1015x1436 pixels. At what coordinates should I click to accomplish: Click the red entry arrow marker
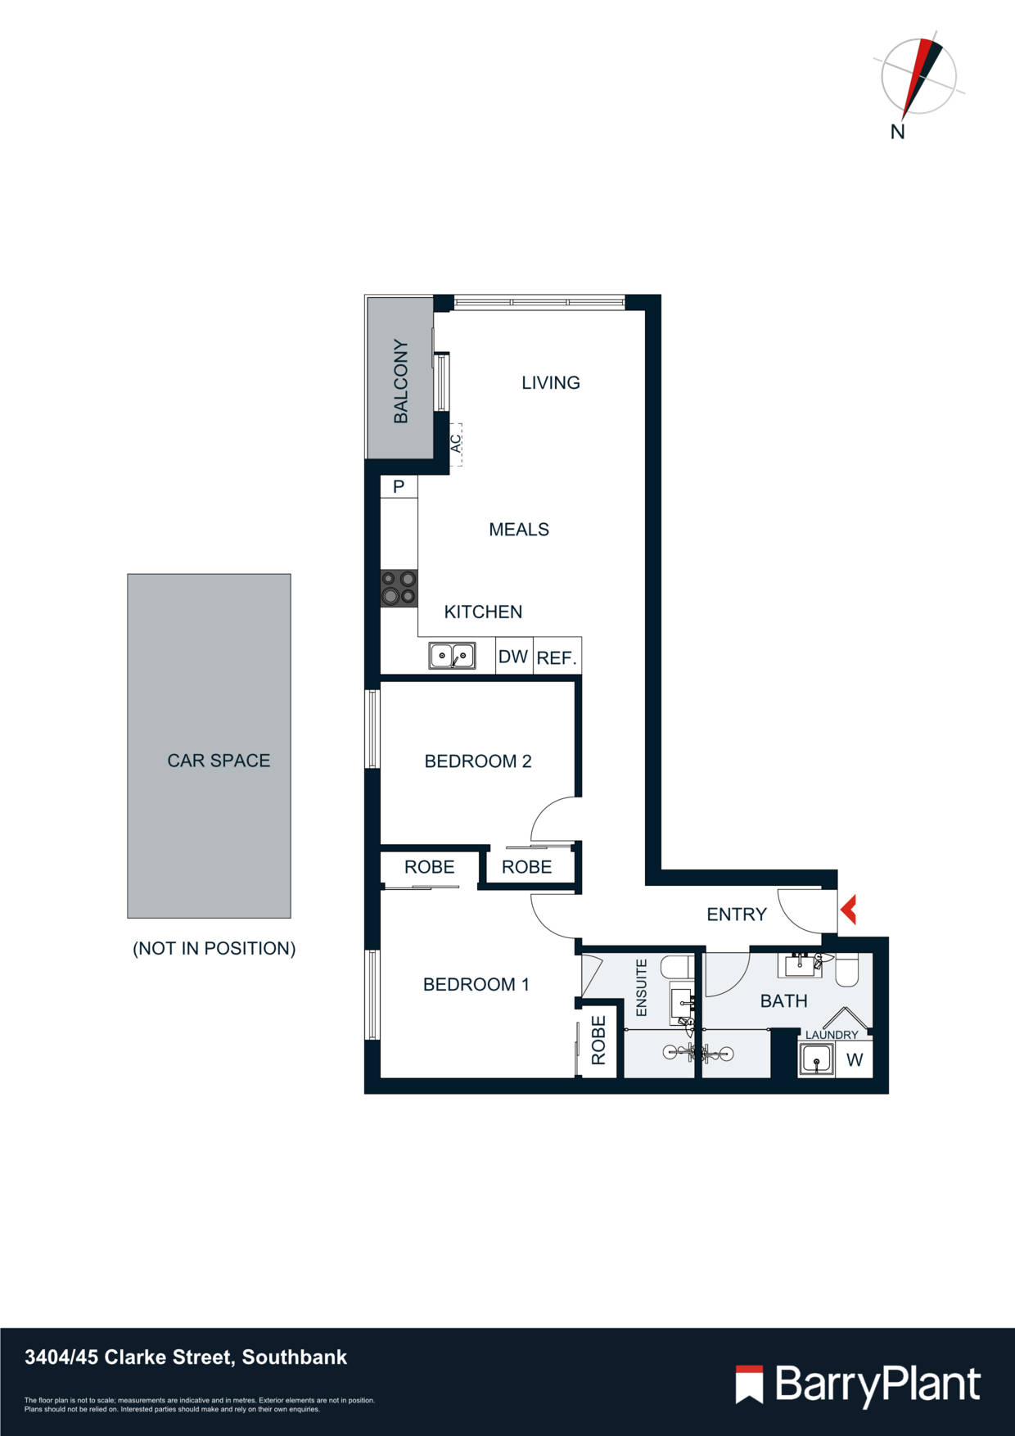pos(848,910)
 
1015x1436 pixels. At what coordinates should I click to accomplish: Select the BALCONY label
pos(400,381)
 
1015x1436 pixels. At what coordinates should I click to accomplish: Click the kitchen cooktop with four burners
pos(399,588)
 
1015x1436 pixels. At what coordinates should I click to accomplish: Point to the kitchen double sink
pos(452,656)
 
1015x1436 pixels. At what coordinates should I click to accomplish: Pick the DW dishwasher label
pos(513,657)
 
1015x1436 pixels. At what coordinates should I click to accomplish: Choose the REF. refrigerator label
pos(557,657)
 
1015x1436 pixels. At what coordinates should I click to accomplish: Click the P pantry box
pos(399,486)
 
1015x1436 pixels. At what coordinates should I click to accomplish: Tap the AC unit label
pos(456,443)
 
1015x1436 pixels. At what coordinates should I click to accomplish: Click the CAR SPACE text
pos(219,761)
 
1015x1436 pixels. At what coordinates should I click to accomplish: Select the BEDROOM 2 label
pos(478,761)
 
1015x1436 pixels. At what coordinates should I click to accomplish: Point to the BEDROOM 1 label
pos(476,984)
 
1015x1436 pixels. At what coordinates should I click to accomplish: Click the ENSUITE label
pos(642,988)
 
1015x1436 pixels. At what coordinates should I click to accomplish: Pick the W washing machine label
pos(855,1060)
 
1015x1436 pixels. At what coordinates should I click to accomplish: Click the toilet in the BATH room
pos(846,972)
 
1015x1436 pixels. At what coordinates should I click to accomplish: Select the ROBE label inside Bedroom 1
pos(598,1041)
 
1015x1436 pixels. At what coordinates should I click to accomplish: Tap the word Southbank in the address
pos(295,1357)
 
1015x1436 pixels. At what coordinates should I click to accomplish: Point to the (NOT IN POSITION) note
pos(214,948)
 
